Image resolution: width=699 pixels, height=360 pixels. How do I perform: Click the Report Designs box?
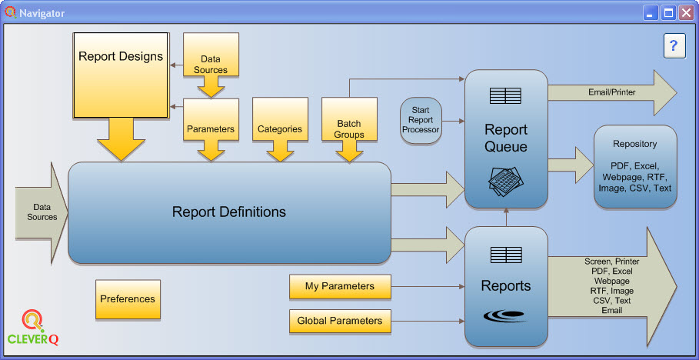pyautogui.click(x=121, y=75)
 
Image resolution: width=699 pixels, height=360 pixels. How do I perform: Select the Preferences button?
pyautogui.click(x=128, y=299)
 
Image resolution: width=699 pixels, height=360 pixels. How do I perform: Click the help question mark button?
pyautogui.click(x=674, y=46)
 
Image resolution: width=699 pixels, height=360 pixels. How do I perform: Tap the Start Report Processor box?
pyautogui.click(x=421, y=120)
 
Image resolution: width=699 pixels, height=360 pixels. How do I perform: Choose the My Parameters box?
pyautogui.click(x=339, y=286)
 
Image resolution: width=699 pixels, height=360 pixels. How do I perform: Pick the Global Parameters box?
pyautogui.click(x=339, y=321)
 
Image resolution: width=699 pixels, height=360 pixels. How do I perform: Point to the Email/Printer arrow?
pyautogui.click(x=611, y=92)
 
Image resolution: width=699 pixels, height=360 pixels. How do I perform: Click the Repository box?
pyautogui.click(x=634, y=166)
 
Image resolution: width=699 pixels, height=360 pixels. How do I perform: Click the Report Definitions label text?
pyautogui.click(x=228, y=212)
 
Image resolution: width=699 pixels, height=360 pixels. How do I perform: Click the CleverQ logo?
pyautogui.click(x=33, y=327)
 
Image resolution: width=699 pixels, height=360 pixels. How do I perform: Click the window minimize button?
pyautogui.click(x=651, y=13)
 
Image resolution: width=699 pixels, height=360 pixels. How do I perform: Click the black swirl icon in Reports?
pyautogui.click(x=505, y=316)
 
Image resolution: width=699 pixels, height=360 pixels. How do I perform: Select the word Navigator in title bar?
pyautogui.click(x=42, y=14)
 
